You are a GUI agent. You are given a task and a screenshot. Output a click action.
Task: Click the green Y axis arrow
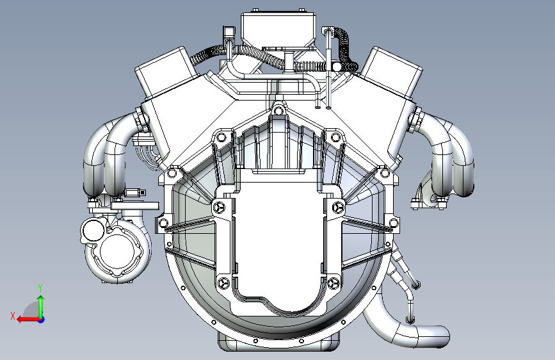pos(41,306)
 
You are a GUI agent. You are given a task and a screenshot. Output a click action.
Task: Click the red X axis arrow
pos(28,320)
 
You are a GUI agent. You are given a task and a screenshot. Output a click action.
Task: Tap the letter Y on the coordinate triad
pos(40,288)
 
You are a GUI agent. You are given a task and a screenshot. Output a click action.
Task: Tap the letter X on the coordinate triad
pos(13,316)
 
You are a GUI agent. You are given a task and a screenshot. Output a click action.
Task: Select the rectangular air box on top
pos(278,28)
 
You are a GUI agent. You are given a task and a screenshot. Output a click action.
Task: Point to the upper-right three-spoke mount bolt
pos(337,208)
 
